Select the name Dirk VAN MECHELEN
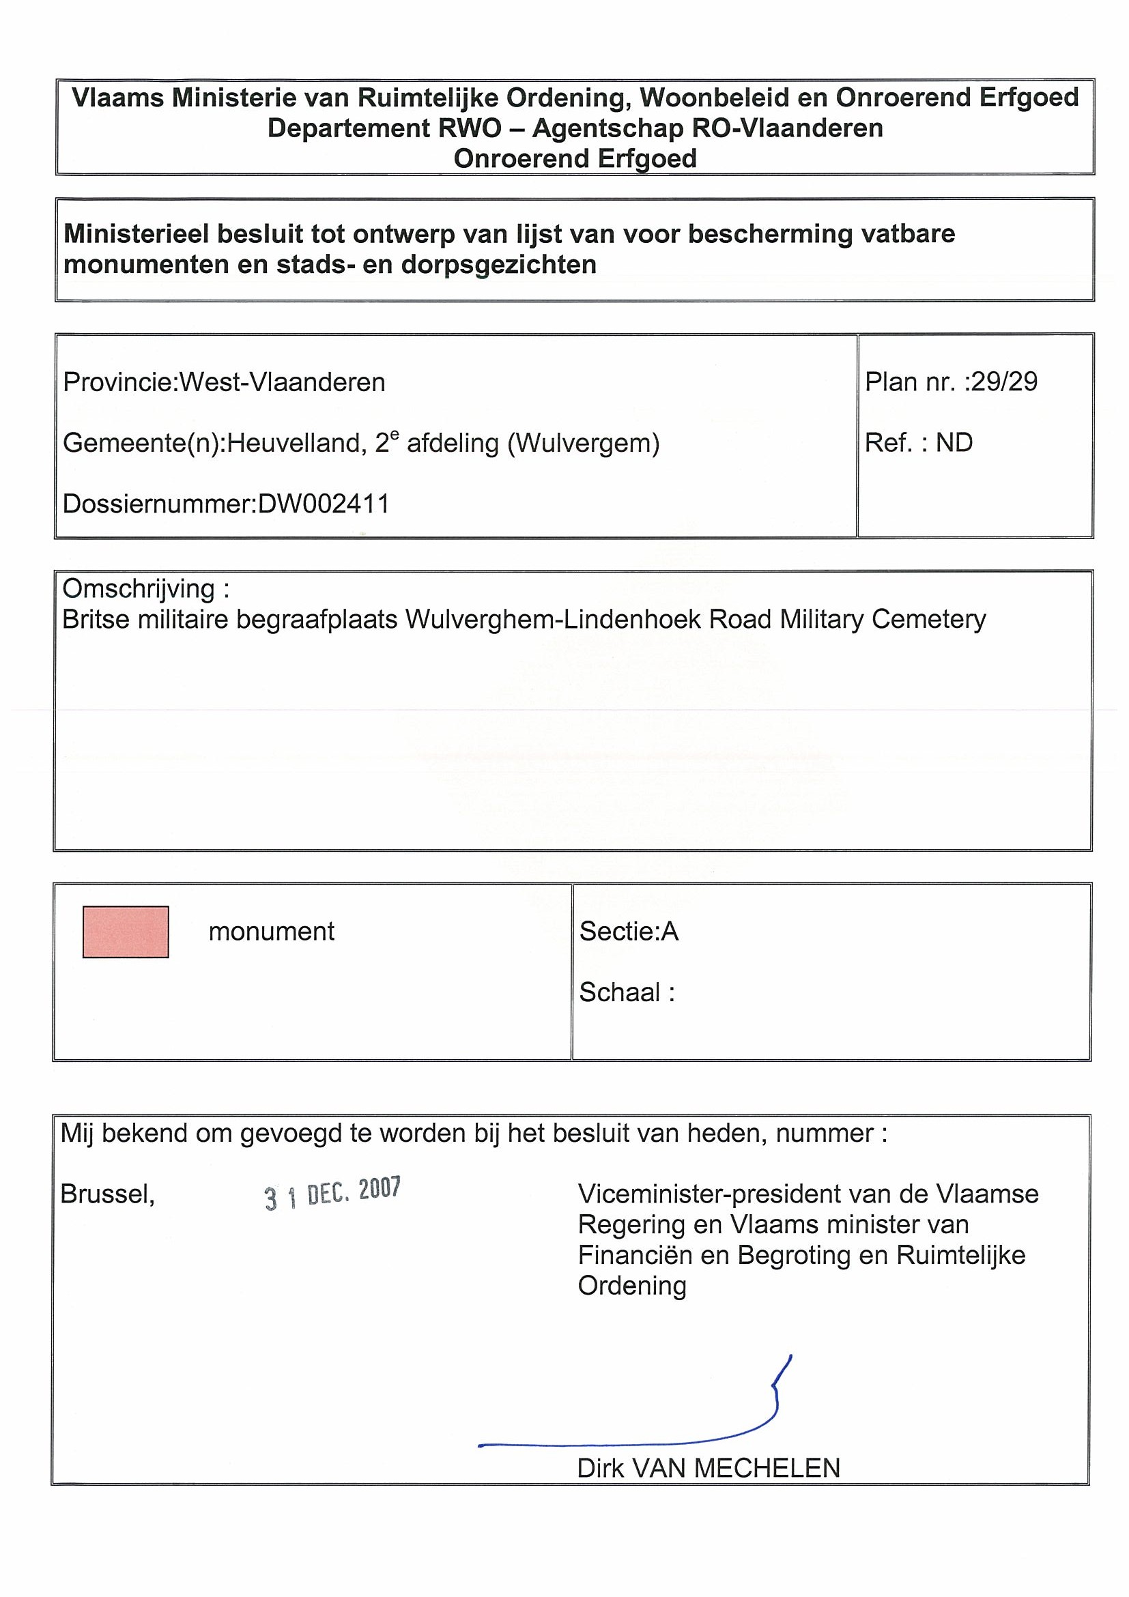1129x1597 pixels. [x=708, y=1468]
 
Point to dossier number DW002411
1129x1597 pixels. [x=324, y=504]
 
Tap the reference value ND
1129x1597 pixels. [x=954, y=442]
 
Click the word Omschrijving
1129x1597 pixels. [x=139, y=588]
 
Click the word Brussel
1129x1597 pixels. [x=107, y=1194]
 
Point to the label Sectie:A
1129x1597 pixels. [x=628, y=931]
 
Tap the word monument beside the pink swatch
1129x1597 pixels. [x=271, y=931]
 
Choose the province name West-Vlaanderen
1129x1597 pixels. [x=283, y=382]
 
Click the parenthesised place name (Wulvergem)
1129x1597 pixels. [x=583, y=442]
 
